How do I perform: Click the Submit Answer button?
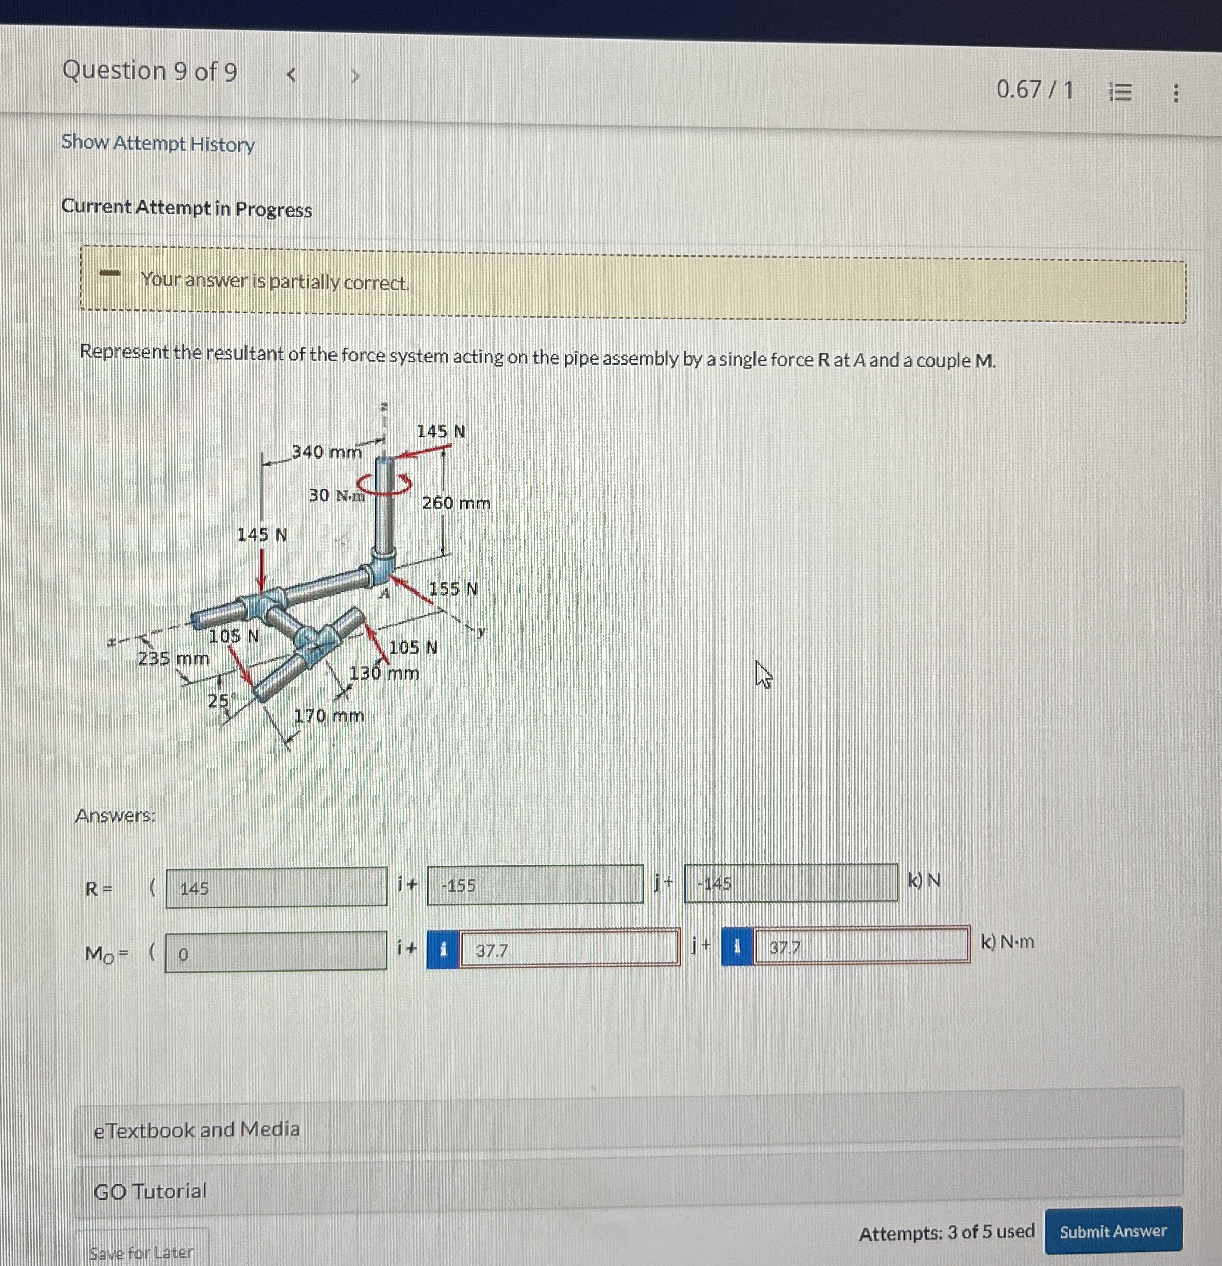(1113, 1231)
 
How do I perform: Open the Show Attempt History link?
(158, 143)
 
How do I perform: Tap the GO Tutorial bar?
(150, 1190)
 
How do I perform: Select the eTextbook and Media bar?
(196, 1129)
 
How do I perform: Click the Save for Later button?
(141, 1252)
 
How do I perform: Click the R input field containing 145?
(276, 888)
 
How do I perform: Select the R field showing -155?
(534, 884)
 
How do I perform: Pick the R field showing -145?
(790, 882)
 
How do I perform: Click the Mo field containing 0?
(276, 952)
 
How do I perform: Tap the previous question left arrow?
(291, 75)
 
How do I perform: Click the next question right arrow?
(354, 76)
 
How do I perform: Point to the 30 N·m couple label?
(336, 495)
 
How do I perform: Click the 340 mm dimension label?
(326, 451)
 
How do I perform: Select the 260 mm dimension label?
(456, 503)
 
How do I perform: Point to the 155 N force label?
(453, 588)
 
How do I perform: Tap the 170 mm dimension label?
(328, 716)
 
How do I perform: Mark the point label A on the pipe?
(384, 594)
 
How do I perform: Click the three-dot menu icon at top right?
(1175, 93)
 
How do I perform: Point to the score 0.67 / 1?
(1034, 89)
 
